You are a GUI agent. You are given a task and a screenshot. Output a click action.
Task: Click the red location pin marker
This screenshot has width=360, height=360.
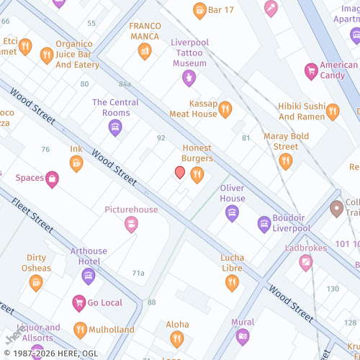pyautogui.click(x=180, y=172)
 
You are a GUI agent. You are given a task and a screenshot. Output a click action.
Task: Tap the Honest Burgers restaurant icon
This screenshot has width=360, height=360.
pyautogui.click(x=197, y=175)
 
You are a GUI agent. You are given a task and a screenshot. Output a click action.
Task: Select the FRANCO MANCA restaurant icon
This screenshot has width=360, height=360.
pyautogui.click(x=145, y=50)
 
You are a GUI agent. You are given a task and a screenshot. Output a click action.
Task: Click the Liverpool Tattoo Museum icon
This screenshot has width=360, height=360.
pyautogui.click(x=189, y=78)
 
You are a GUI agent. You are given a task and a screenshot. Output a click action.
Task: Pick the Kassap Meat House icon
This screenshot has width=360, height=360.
pyautogui.click(x=225, y=109)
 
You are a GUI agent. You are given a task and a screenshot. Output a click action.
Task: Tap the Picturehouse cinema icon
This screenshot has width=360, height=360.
pyautogui.click(x=131, y=225)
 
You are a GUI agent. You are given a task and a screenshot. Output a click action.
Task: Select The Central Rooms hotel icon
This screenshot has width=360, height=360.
pyautogui.click(x=114, y=128)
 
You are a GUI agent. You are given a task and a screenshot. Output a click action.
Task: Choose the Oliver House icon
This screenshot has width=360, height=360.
pyautogui.click(x=232, y=212)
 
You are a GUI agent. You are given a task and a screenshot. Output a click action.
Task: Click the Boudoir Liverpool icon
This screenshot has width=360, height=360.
pyautogui.click(x=265, y=225)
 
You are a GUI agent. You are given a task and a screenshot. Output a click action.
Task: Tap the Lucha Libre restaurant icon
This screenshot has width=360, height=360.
pyautogui.click(x=232, y=282)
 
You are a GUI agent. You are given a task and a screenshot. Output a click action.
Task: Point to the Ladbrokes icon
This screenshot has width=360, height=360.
pyautogui.click(x=306, y=263)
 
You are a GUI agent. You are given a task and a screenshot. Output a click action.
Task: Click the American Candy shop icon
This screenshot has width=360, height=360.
pyautogui.click(x=311, y=71)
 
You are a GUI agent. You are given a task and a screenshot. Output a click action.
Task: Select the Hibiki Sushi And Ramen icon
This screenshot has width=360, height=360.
pyautogui.click(x=332, y=111)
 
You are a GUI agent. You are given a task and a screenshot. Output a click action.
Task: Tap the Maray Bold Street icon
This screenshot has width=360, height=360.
pyautogui.click(x=286, y=161)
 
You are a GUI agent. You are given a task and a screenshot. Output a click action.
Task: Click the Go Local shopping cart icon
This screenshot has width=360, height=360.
pyautogui.click(x=80, y=303)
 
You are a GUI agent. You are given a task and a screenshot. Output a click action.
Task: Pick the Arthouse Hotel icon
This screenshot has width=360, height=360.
pyautogui.click(x=89, y=276)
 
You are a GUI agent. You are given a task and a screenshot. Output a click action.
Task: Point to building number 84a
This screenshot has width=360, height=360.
pyautogui.click(x=125, y=84)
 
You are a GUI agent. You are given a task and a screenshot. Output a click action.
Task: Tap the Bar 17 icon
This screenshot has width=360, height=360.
pyautogui.click(x=199, y=10)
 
